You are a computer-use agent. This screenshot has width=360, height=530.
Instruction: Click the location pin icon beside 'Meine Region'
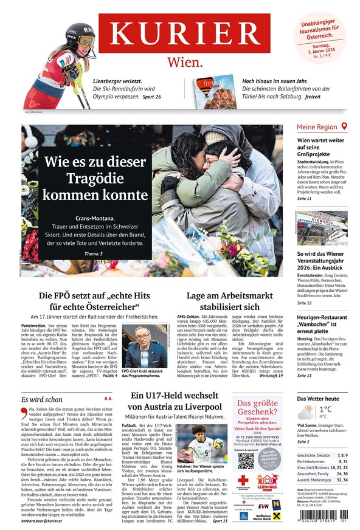click(x=344, y=126)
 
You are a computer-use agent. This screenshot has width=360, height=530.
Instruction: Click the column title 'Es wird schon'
click(x=42, y=399)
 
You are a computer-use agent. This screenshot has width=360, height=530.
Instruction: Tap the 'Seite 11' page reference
click(x=305, y=199)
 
